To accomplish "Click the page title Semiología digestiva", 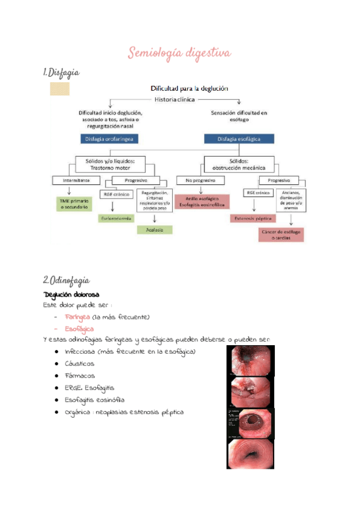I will coord(179,53).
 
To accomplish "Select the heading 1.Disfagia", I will coord(62,73).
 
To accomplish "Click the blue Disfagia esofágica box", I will coord(239,139).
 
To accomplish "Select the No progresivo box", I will coord(200,180).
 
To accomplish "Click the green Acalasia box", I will coord(154,229).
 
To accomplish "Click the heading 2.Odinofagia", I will coord(67,280).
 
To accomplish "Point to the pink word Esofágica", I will coord(79,329).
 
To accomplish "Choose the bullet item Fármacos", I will coord(79,375).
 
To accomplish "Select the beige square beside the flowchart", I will coord(59,89).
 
